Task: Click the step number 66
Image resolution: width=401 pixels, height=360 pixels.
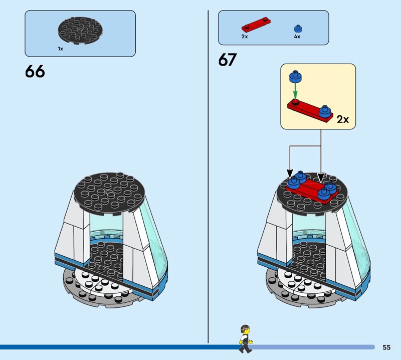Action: click(35, 71)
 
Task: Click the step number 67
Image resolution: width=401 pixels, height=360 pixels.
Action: click(227, 60)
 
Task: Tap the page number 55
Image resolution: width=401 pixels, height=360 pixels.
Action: click(386, 347)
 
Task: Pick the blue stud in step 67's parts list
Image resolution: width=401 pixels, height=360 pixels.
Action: click(298, 29)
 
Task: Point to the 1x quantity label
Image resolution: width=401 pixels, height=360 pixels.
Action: click(60, 49)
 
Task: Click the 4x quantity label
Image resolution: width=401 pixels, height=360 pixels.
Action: click(297, 37)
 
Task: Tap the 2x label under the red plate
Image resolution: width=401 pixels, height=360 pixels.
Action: click(244, 37)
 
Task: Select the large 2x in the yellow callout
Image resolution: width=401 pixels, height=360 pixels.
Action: click(343, 119)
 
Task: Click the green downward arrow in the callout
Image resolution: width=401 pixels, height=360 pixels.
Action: click(295, 92)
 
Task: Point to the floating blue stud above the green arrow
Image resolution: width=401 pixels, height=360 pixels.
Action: click(295, 77)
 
